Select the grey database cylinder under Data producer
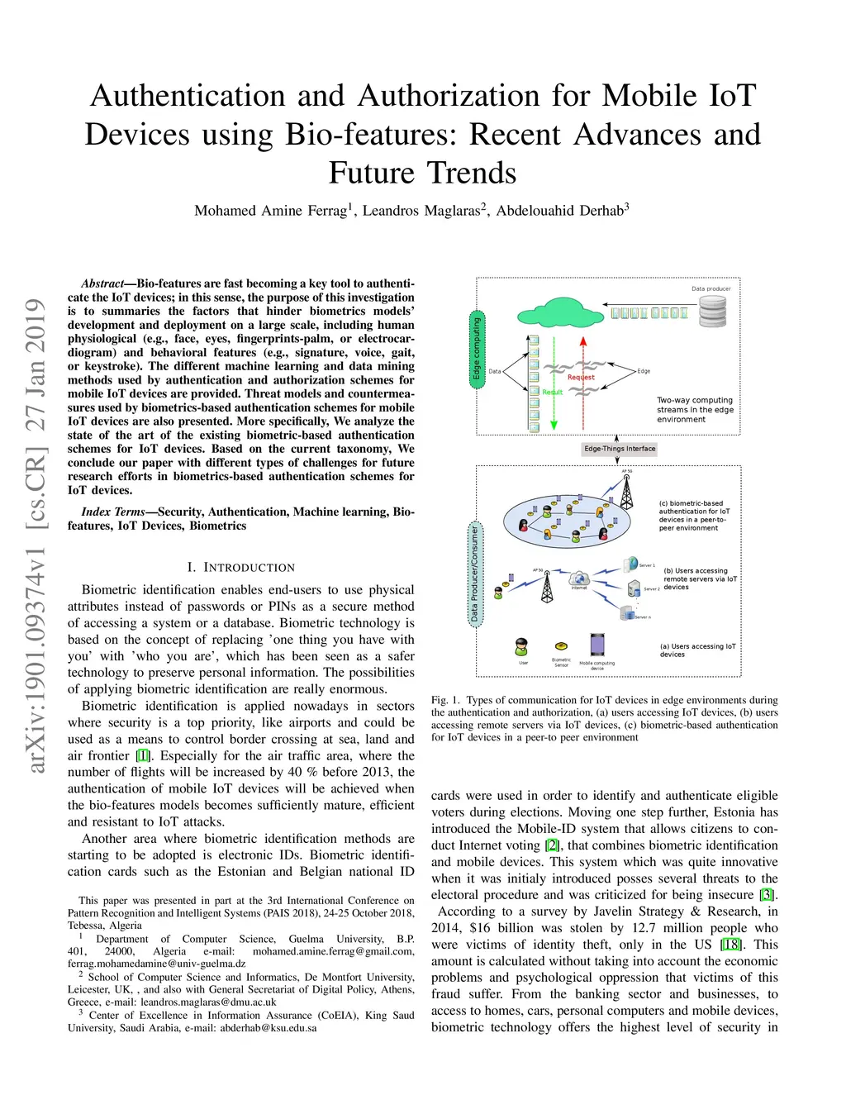coord(712,312)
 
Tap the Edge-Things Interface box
coord(620,449)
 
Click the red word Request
coord(581,377)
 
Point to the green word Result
coord(552,393)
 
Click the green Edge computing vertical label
coord(477,350)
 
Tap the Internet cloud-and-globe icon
coord(579,578)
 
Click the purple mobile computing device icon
coord(597,645)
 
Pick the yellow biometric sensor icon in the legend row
coord(561,646)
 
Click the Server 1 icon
coord(632,565)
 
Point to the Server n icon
coord(628,612)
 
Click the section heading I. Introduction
coord(240,568)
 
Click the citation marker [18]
coord(730,945)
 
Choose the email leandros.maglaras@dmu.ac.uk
coord(208,1002)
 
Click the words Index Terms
coord(113,512)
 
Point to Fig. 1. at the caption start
coord(444,700)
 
